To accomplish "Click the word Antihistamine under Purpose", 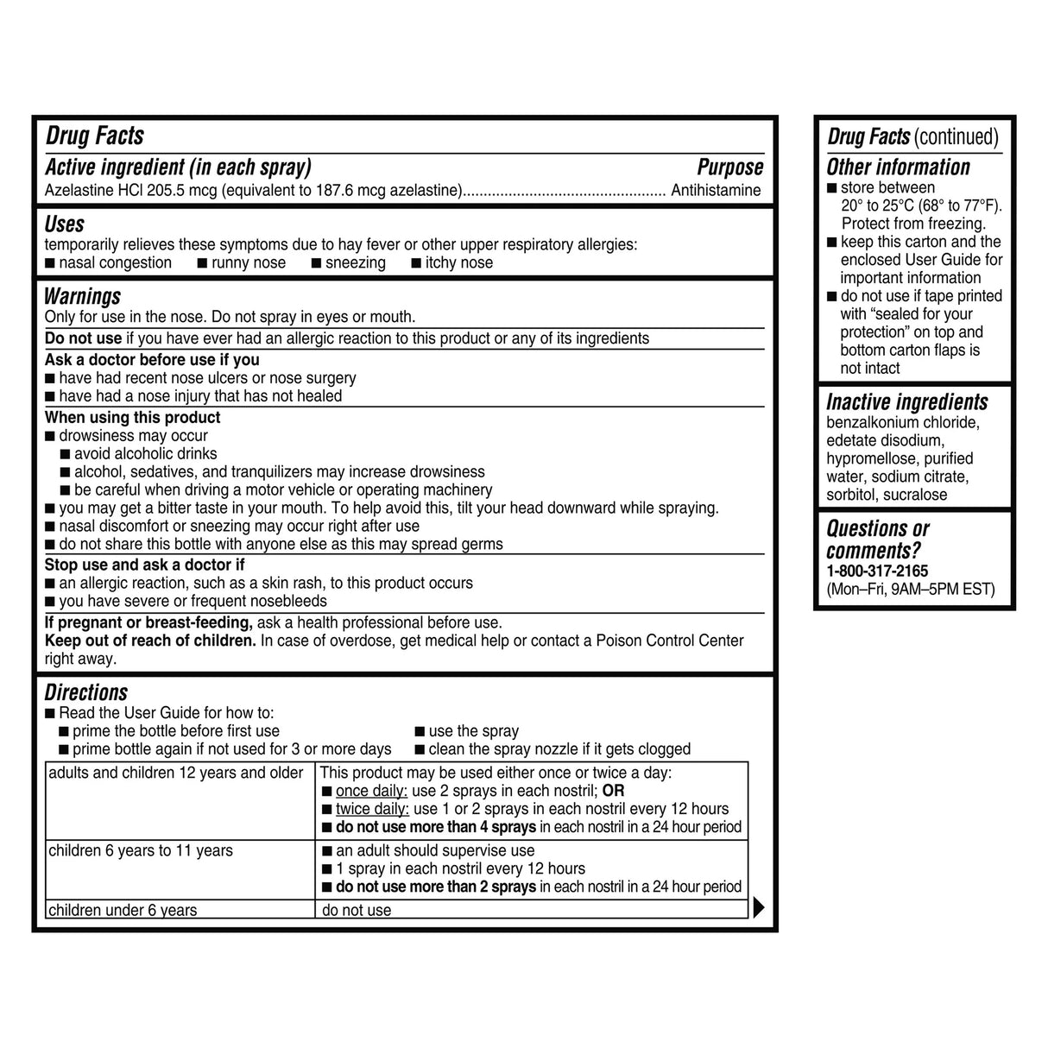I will pyautogui.click(x=716, y=190).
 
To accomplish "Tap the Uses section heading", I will pyautogui.click(x=65, y=224).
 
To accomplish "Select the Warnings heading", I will pyautogui.click(x=83, y=296).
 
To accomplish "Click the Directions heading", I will pyautogui.click(x=86, y=692).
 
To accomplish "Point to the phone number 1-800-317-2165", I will pyautogui.click(x=877, y=571).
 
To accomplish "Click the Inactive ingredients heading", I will pyautogui.click(x=906, y=402).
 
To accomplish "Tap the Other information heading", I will pyautogui.click(x=898, y=167).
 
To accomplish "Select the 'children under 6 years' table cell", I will pyautogui.click(x=123, y=910).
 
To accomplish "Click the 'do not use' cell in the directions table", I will pyautogui.click(x=357, y=910).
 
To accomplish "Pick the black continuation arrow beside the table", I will pyautogui.click(x=759, y=907).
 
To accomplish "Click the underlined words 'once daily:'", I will pyautogui.click(x=371, y=791).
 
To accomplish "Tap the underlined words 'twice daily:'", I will pyautogui.click(x=372, y=809).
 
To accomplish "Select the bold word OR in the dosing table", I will pyautogui.click(x=613, y=791).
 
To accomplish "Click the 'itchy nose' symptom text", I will pyautogui.click(x=458, y=262).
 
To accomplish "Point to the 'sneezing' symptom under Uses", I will pyautogui.click(x=355, y=262).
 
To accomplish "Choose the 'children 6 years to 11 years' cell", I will pyautogui.click(x=141, y=850).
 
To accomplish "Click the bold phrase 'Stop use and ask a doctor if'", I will pyautogui.click(x=144, y=565).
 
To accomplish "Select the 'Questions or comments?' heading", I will pyautogui.click(x=877, y=540).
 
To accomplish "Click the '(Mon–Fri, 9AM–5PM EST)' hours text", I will pyautogui.click(x=910, y=590).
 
